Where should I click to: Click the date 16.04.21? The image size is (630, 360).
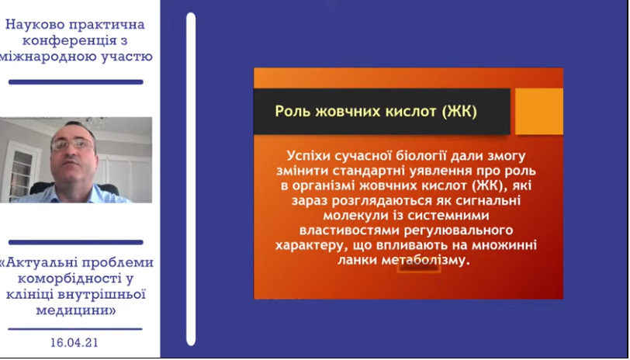coord(74,343)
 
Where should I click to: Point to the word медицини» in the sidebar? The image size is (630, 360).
coord(76,310)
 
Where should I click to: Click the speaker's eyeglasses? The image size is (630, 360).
coord(73,144)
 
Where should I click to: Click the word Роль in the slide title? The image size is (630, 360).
coord(293,111)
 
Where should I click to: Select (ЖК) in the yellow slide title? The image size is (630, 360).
coord(459,111)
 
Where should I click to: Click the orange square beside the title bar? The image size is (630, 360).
coord(538,111)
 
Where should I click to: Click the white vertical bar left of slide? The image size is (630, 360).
coord(191,178)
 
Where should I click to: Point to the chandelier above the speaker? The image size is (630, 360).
coord(95,121)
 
